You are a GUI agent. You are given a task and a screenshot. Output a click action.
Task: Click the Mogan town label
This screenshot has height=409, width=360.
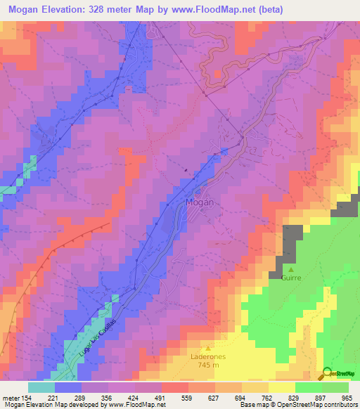[x=199, y=202]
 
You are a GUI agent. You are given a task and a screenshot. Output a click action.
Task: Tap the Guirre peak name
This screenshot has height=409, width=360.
[x=291, y=278]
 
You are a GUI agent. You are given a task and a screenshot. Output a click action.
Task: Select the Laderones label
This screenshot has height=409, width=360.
[x=207, y=356]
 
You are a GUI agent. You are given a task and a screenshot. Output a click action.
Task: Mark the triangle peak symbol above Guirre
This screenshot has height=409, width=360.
[x=291, y=268]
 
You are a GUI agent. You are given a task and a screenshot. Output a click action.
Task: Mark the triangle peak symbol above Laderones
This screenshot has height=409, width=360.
[x=207, y=348]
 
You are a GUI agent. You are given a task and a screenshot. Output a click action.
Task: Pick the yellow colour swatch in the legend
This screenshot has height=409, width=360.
[x=282, y=387]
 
